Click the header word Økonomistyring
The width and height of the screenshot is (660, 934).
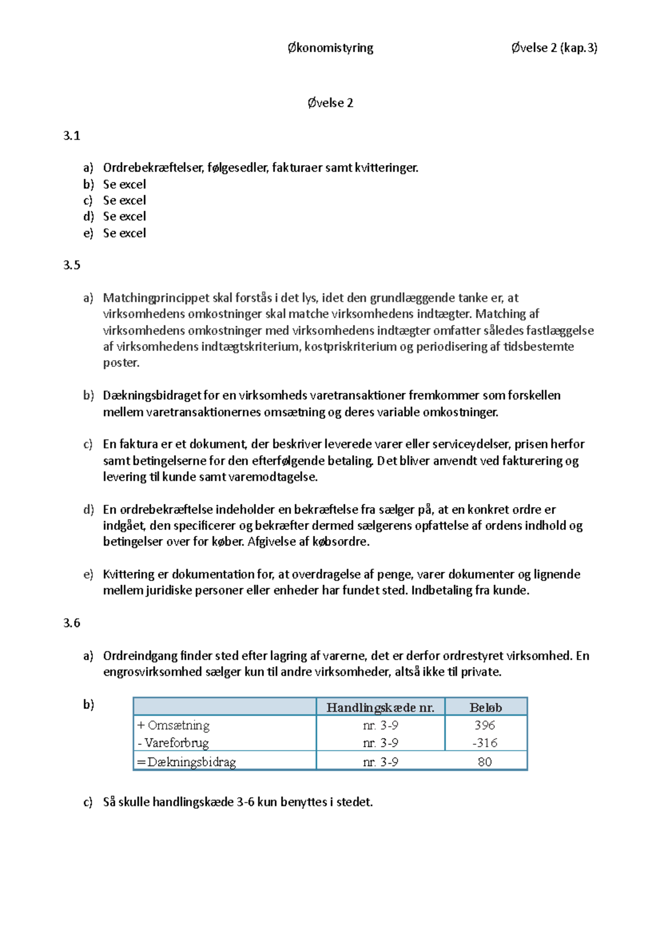pyautogui.click(x=330, y=48)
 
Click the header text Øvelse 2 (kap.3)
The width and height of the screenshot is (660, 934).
pyautogui.click(x=554, y=48)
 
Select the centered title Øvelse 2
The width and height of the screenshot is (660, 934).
pyautogui.click(x=330, y=103)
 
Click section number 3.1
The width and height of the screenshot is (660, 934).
pyautogui.click(x=71, y=136)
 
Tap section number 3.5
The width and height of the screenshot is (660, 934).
pyautogui.click(x=71, y=265)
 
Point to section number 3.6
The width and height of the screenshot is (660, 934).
pyautogui.click(x=71, y=623)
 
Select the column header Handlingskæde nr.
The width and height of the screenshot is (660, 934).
pyautogui.click(x=380, y=707)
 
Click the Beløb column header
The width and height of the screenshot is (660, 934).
pyautogui.click(x=485, y=707)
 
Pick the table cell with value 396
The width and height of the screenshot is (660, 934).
pyautogui.click(x=485, y=725)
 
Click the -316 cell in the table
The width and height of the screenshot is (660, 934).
pyautogui.click(x=485, y=743)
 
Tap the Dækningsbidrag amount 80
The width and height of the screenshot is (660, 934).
pyautogui.click(x=485, y=762)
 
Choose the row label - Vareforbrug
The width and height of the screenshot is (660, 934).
pyautogui.click(x=173, y=743)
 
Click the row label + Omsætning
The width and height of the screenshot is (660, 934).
pyautogui.click(x=173, y=725)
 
